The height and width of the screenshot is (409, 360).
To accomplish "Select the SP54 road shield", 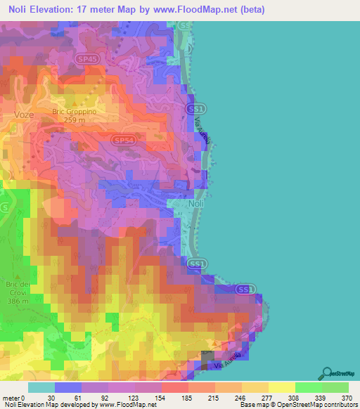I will [x=123, y=141].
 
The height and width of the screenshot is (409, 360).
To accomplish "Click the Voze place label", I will [x=23, y=113].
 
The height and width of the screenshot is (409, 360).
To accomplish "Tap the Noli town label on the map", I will [x=198, y=204].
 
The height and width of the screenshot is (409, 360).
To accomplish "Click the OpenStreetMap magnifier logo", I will [x=325, y=373].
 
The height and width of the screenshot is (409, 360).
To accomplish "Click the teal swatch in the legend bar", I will [x=41, y=387].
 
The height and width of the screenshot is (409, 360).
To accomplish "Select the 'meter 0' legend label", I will [x=14, y=398].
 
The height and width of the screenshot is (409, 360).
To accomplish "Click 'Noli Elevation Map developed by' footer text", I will [x=49, y=405].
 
